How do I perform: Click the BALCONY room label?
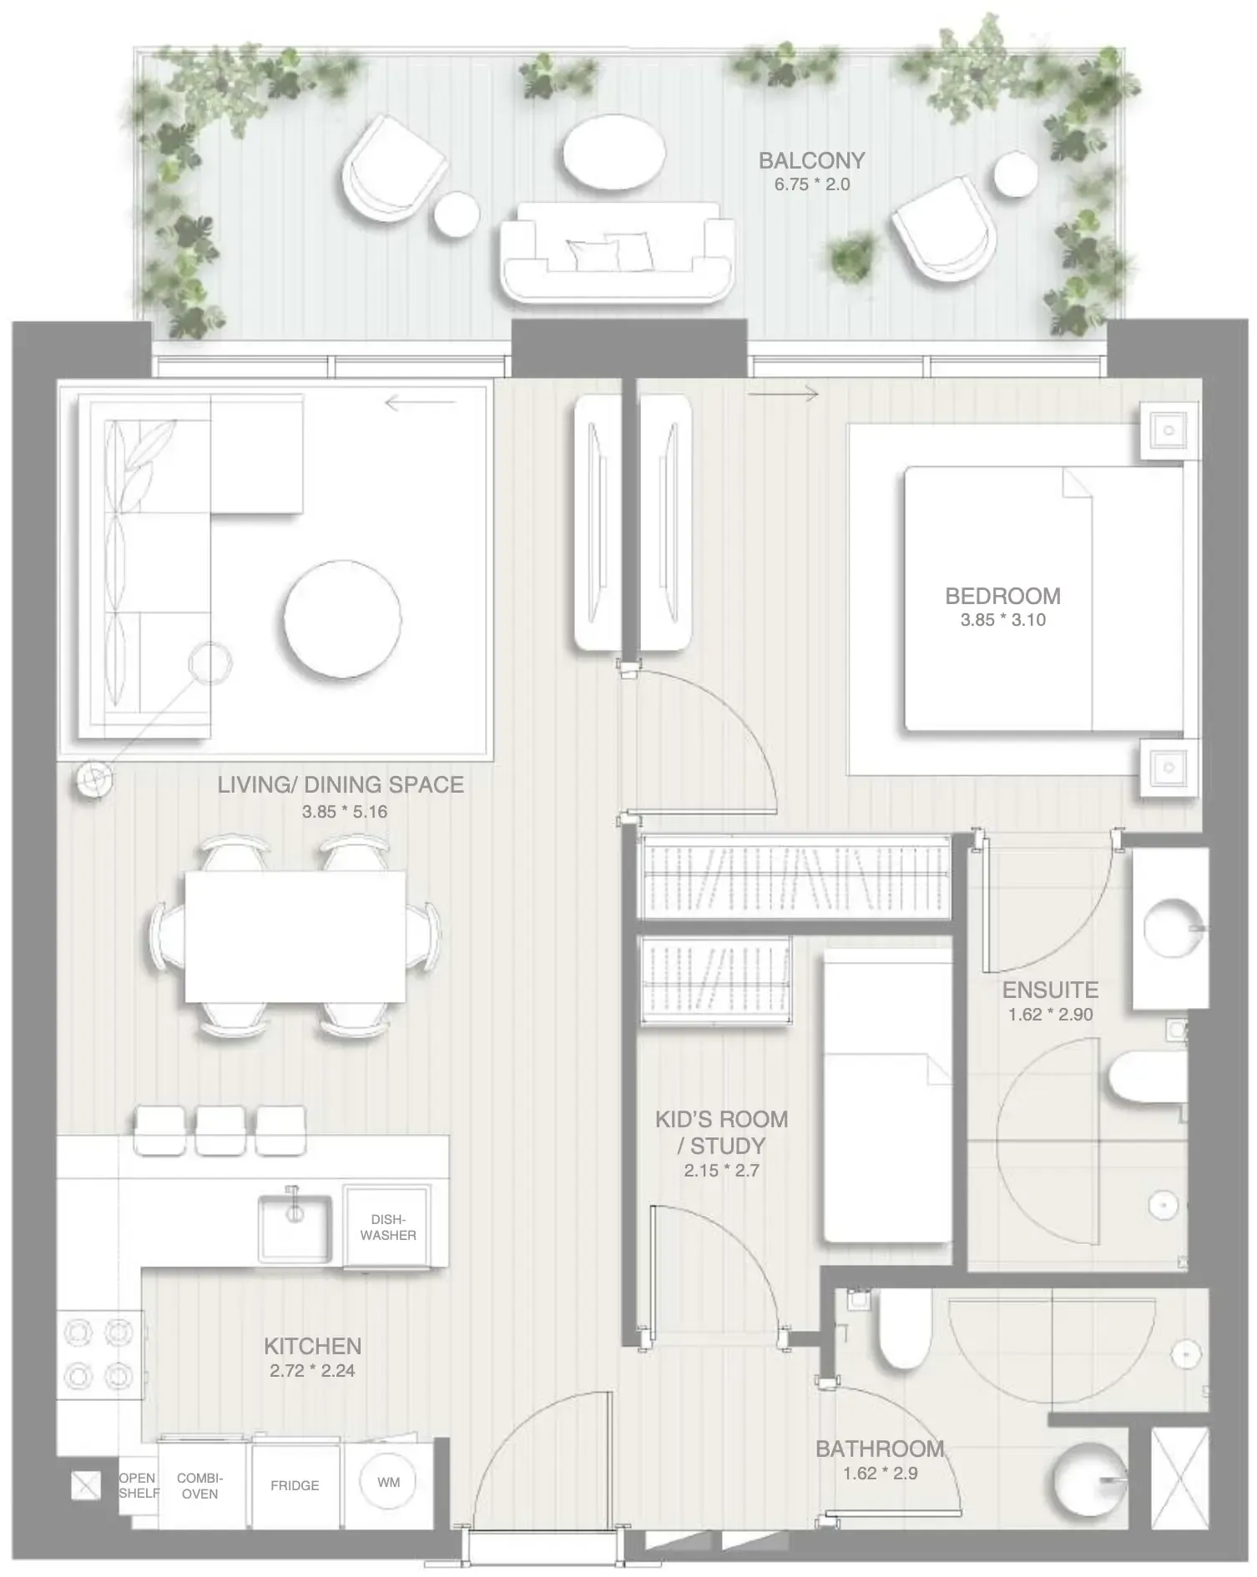(811, 160)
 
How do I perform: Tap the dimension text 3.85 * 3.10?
(1002, 620)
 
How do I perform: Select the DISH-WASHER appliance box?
(388, 1227)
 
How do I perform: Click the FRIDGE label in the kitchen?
(295, 1485)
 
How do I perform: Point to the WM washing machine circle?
(388, 1482)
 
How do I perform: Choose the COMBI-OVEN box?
(199, 1485)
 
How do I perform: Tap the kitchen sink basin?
(294, 1227)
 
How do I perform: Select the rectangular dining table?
(295, 936)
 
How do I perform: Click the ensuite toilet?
(1148, 1077)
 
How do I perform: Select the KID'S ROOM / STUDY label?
(721, 1131)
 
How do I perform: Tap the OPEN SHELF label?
(138, 1485)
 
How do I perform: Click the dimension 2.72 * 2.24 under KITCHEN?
(312, 1370)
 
